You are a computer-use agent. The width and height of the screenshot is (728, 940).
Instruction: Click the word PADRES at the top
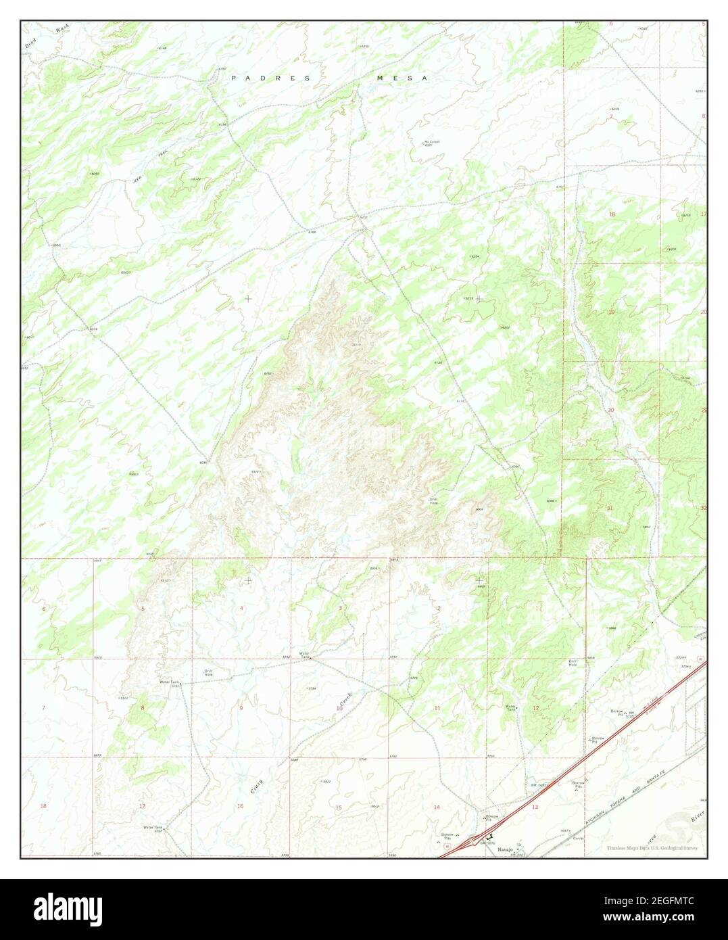click(x=270, y=78)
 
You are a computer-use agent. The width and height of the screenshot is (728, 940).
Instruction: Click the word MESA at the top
click(x=402, y=78)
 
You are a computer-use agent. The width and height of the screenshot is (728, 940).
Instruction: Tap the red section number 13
click(x=535, y=807)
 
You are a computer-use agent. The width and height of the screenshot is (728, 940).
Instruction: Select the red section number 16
click(x=240, y=806)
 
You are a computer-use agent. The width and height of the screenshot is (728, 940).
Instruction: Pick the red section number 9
click(x=241, y=707)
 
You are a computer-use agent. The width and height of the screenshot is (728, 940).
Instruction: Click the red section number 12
click(x=535, y=708)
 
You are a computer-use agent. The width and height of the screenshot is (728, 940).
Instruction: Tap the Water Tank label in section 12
click(x=512, y=708)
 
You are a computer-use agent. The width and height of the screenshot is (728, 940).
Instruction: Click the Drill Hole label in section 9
click(x=209, y=672)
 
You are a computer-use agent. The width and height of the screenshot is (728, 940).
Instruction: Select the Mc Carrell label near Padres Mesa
click(x=431, y=143)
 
